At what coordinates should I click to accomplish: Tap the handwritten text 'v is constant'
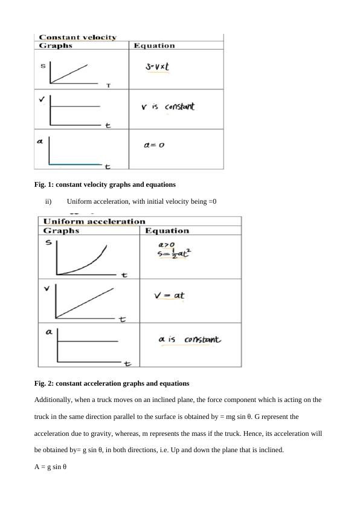167,107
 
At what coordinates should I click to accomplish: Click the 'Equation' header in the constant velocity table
154,46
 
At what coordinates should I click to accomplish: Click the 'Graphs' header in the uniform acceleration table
61,231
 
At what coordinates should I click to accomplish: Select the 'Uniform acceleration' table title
94,221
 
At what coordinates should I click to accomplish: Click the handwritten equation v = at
169,296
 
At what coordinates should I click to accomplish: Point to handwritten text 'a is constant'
190,340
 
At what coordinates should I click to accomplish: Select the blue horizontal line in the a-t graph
76,164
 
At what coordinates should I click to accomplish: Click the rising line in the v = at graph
85,302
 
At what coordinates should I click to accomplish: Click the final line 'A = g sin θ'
50,466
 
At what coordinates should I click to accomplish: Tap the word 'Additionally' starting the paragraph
53,400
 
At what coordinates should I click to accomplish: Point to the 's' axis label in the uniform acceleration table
48,243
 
